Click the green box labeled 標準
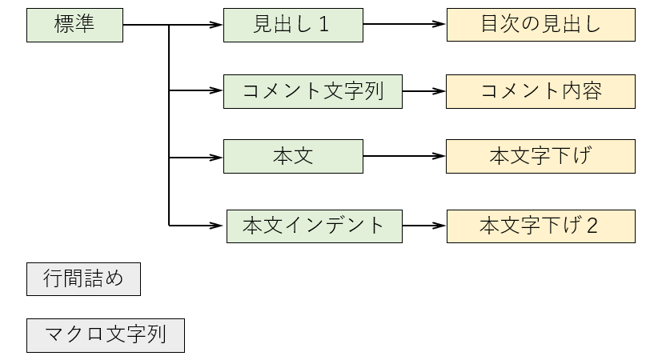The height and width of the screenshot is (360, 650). tap(74, 25)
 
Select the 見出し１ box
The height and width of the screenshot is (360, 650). tap(293, 25)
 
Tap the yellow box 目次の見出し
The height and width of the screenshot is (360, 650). tap(540, 25)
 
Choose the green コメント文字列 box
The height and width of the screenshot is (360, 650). tap(312, 91)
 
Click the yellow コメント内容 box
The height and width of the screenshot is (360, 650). tap(540, 91)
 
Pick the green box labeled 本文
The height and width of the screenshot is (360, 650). tap(293, 157)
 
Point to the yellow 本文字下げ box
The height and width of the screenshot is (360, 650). tap(540, 157)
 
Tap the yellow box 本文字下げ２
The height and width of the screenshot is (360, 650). tap(540, 226)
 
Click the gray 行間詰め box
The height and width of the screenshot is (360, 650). tap(83, 279)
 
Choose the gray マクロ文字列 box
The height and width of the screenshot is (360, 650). tap(106, 335)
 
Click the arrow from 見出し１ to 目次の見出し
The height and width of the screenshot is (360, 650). tap(404, 25)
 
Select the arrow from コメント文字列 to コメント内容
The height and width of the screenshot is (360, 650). tap(423, 91)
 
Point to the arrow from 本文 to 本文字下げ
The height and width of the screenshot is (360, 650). tap(404, 157)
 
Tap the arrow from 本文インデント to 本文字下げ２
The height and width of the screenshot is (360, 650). tap(423, 226)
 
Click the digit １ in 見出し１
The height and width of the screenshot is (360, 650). tap(323, 25)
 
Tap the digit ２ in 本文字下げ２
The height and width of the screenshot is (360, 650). tap(592, 226)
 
